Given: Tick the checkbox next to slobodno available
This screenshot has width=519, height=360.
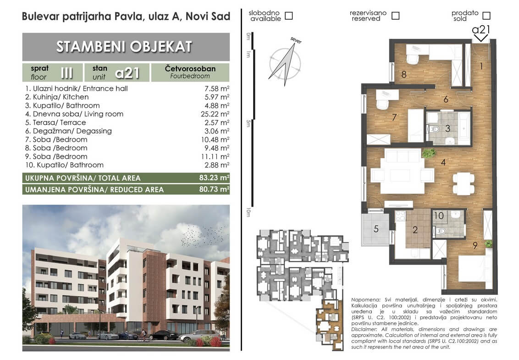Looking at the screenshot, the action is point(289,16).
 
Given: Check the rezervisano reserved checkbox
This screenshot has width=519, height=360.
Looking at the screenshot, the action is point(395,16).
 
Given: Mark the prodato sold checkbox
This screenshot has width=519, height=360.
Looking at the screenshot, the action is point(486,16).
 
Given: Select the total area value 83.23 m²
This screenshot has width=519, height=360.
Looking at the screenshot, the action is point(214,177).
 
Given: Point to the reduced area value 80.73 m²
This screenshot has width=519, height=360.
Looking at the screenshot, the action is point(214,189).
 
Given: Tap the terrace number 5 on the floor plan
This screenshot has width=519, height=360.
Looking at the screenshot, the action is point(376,228).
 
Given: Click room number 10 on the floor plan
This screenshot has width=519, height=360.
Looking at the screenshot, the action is point(439,216).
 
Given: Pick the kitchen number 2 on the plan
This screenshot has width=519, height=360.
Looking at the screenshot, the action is point(415,230).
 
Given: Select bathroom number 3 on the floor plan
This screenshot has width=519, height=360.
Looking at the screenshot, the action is point(447,128).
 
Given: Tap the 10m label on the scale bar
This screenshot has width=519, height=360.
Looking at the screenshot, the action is point(248,212).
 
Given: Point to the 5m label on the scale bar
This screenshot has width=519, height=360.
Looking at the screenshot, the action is point(248,123).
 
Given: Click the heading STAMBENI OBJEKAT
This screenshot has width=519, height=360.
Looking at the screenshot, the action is point(124,47).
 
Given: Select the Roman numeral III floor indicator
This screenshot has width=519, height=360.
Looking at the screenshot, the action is point(66,72).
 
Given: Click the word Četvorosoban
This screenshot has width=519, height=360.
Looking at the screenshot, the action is point(190,68).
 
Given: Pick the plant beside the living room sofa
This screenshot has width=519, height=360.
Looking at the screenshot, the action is point(429,153).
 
